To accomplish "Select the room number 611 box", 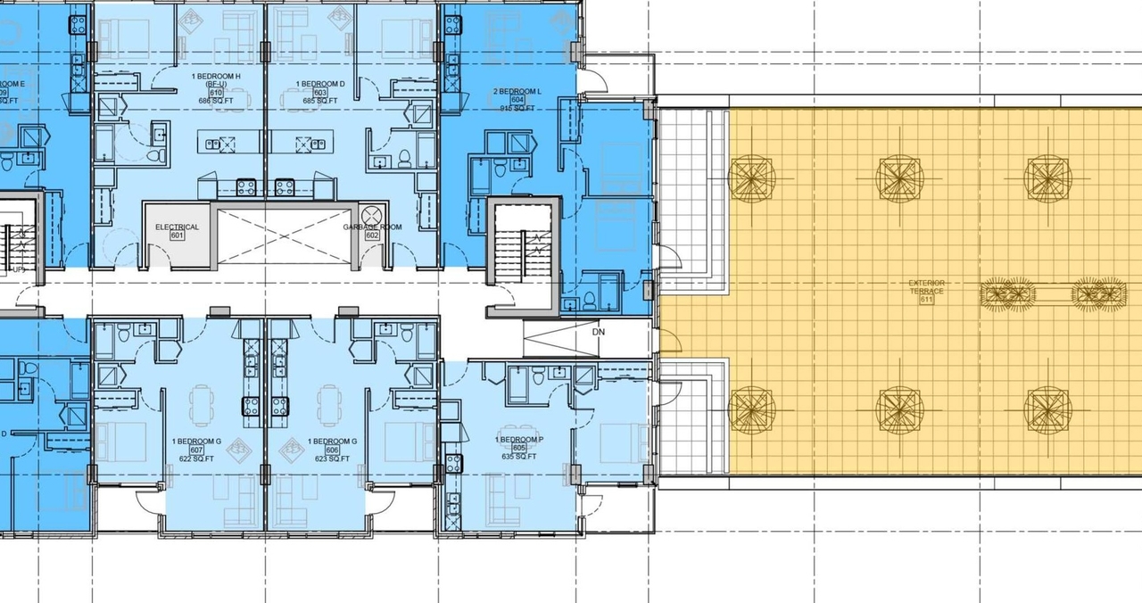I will (x=926, y=300).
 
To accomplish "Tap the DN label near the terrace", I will (x=598, y=332).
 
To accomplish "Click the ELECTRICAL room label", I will (x=177, y=227).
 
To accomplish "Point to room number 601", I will (x=176, y=236).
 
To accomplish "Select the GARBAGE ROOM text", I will (x=372, y=227).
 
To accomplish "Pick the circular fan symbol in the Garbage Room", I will (x=371, y=213).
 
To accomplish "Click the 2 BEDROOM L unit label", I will (x=517, y=92).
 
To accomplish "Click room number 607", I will (x=196, y=450).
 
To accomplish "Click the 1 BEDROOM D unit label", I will (x=320, y=84).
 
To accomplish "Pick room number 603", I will (x=320, y=93).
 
